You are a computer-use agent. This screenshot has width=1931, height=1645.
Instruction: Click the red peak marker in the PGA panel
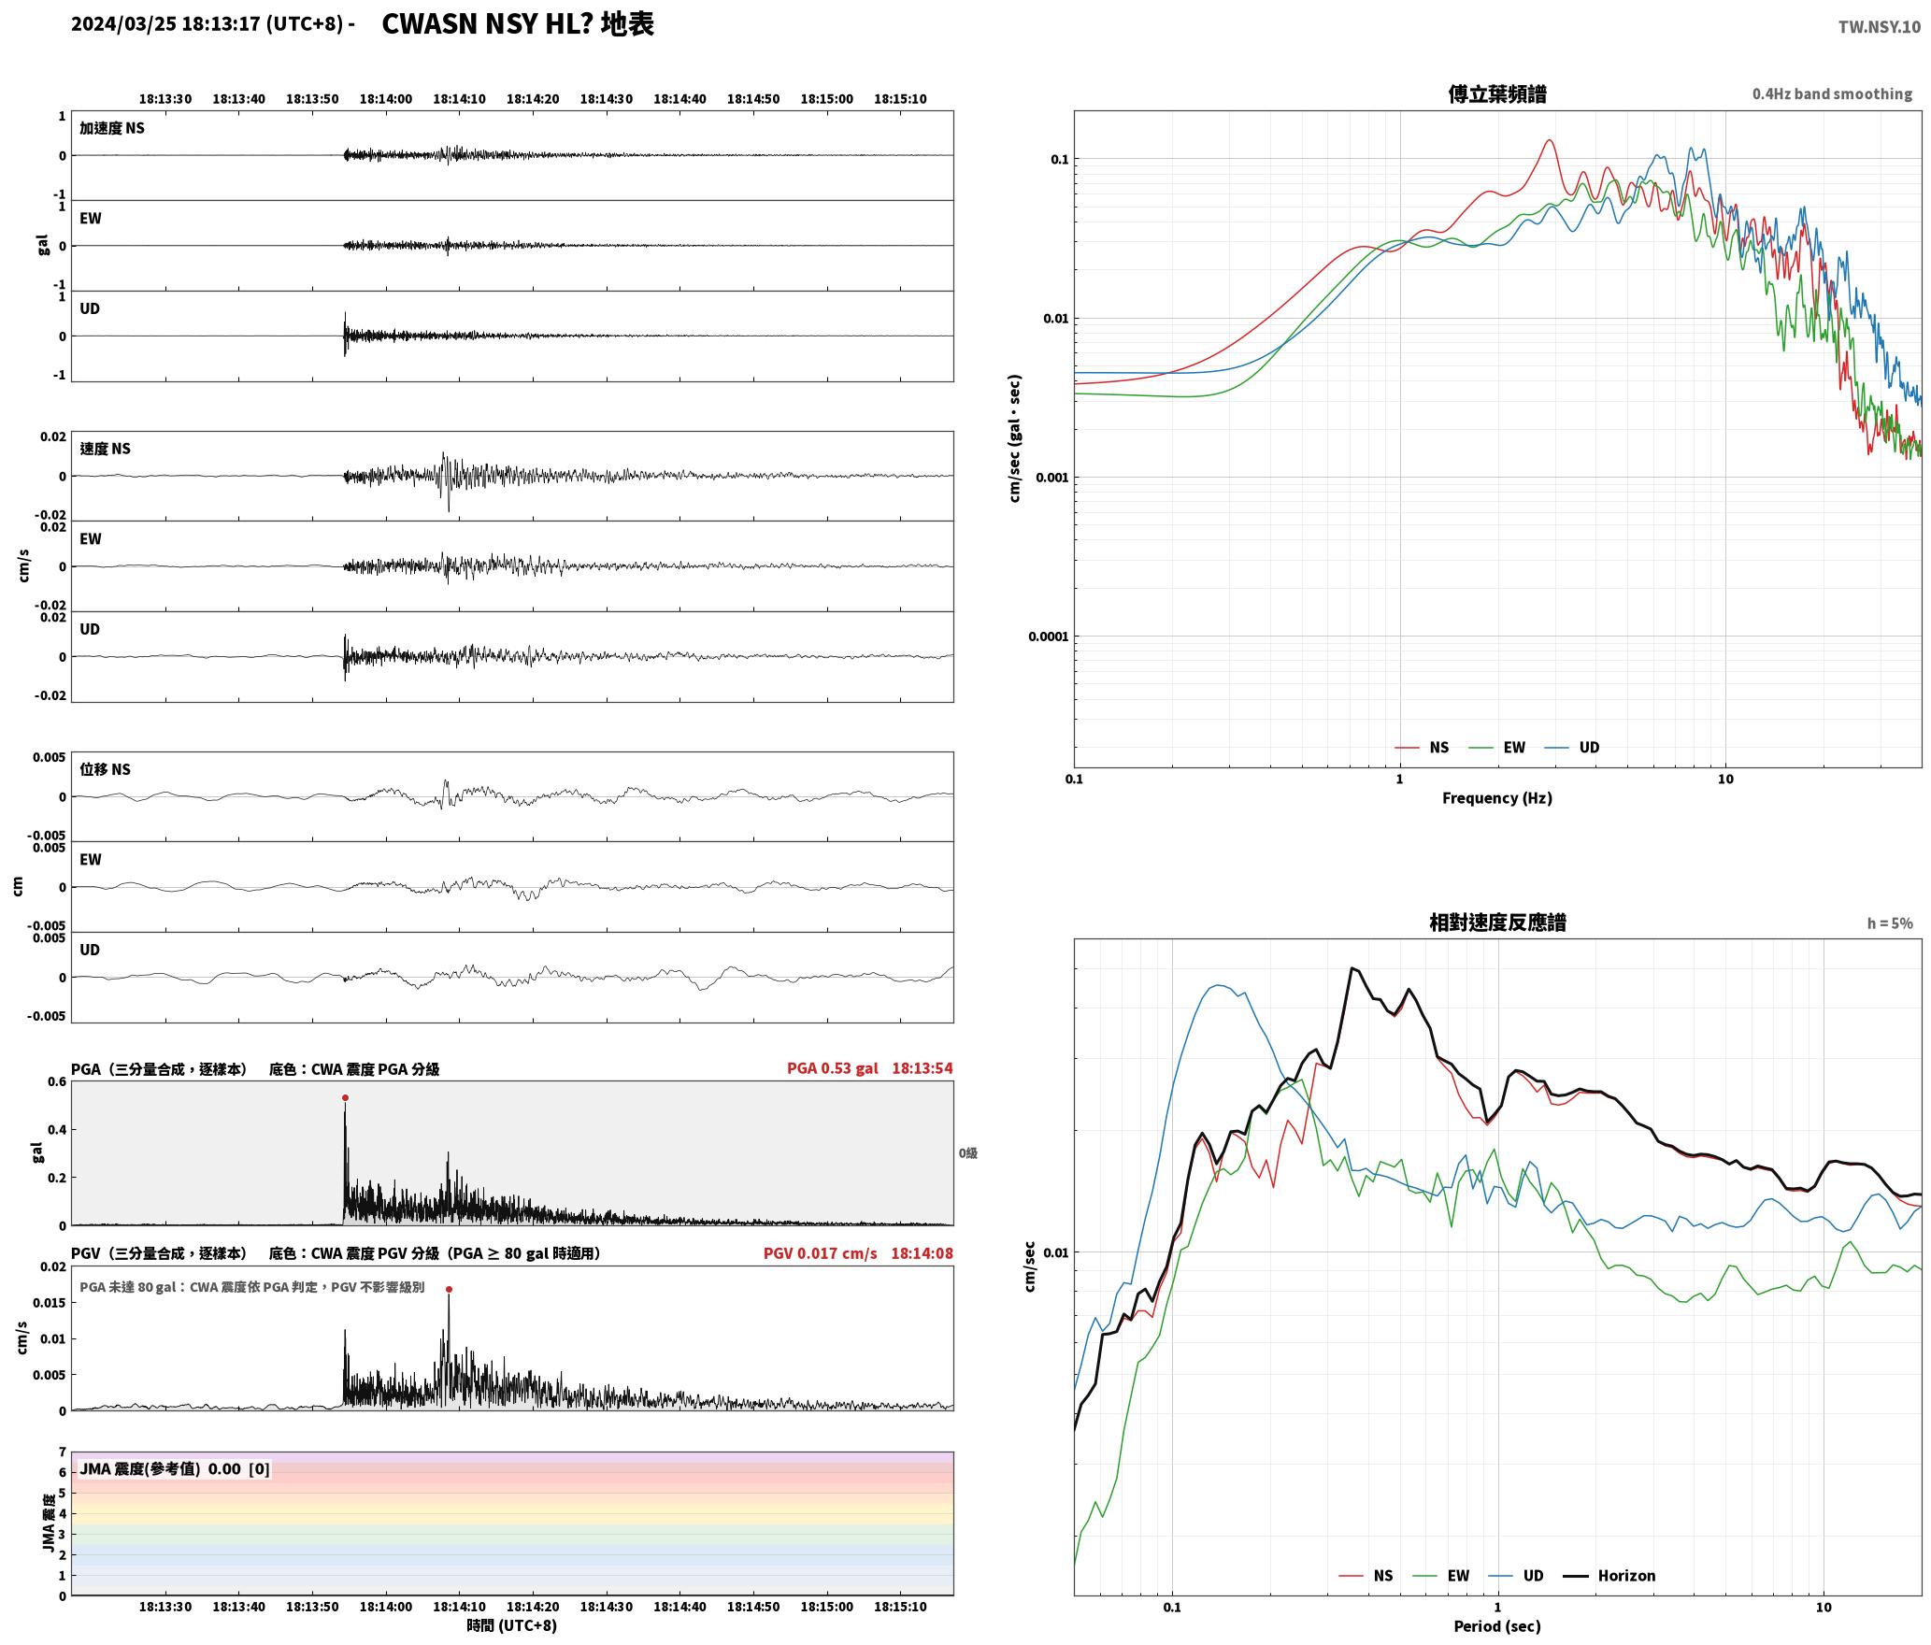coord(345,1097)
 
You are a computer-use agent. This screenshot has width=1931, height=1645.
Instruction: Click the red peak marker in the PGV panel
coord(449,1289)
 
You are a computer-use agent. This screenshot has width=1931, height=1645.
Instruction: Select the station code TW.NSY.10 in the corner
coord(1879,27)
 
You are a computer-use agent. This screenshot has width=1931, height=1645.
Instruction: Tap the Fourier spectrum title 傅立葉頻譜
coord(1496,93)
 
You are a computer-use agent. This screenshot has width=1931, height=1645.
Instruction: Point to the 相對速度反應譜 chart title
coord(1497,922)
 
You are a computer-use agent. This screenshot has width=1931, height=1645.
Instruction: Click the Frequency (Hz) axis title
coord(1496,797)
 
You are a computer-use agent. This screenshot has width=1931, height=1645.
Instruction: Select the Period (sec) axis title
coord(1496,1625)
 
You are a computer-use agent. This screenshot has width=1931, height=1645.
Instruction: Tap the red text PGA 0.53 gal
coord(832,1067)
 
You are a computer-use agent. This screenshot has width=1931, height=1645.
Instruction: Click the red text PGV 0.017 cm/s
coord(820,1252)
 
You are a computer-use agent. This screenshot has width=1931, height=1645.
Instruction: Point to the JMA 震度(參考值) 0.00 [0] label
coord(175,1468)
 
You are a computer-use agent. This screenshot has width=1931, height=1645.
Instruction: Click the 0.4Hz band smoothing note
coord(1832,93)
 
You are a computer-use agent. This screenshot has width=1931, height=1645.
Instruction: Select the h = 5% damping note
coord(1890,923)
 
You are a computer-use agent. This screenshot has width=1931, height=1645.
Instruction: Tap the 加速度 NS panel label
coord(112,128)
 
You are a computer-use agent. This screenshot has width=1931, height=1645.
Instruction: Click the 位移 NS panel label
coord(105,769)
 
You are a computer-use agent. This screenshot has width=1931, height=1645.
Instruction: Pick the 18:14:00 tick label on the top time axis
coord(385,98)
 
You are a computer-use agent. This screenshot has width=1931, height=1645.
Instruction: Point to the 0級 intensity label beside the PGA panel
coord(967,1152)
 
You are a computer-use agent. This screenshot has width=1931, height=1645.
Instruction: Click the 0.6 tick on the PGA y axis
coord(56,1081)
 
